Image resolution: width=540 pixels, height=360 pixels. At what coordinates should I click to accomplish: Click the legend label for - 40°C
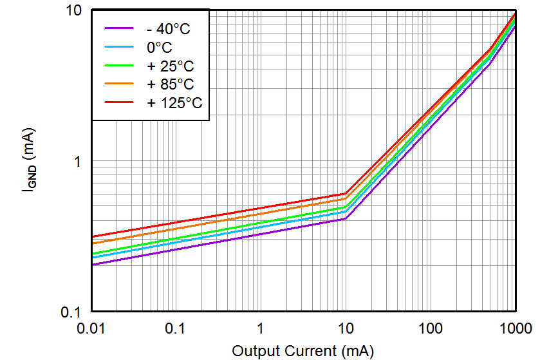(x=168, y=28)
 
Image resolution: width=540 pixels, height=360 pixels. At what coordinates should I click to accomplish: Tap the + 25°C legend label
(x=170, y=66)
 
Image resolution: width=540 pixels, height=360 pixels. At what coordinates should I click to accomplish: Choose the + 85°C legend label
(x=170, y=84)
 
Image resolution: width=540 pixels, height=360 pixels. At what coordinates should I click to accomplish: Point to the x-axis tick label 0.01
(x=91, y=328)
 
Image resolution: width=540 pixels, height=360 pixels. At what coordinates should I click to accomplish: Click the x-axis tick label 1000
(x=514, y=328)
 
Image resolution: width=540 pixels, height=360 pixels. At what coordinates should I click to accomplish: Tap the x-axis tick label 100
(x=430, y=328)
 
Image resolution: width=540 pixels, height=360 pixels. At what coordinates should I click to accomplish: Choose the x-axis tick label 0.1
(x=176, y=328)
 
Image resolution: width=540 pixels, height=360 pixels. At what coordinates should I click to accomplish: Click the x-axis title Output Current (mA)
(x=303, y=350)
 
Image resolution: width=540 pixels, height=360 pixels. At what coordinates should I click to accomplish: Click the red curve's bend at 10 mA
(x=346, y=193)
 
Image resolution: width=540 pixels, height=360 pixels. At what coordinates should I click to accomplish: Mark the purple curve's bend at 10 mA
(x=346, y=219)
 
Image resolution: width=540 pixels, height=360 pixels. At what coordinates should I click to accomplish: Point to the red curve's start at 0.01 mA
(x=92, y=237)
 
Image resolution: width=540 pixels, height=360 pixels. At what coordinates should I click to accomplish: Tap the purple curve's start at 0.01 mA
(x=92, y=265)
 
